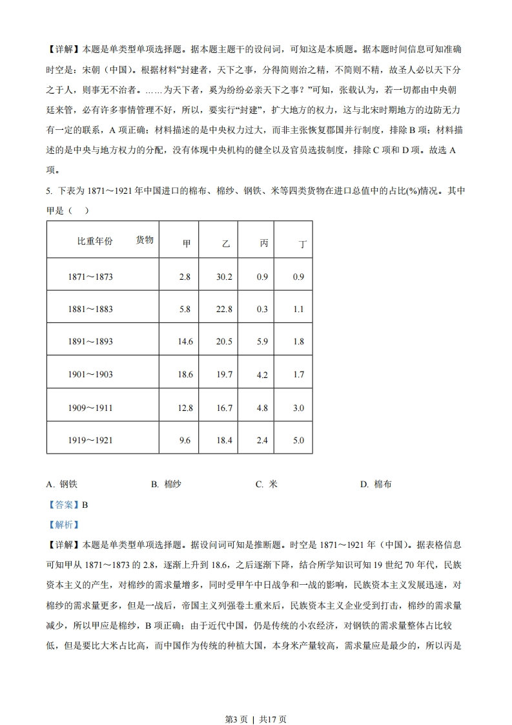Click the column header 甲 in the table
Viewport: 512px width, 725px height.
(186, 244)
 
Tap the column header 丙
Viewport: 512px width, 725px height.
(263, 244)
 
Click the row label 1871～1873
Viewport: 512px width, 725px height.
(90, 277)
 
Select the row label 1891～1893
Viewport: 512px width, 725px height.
(90, 341)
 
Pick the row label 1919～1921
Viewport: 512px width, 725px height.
(90, 440)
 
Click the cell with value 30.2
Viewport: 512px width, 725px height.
(224, 277)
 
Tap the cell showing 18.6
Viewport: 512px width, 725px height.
(185, 374)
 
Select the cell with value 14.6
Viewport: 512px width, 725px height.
(185, 341)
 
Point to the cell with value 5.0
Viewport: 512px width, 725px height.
(298, 440)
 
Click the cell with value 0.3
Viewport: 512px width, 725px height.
(262, 309)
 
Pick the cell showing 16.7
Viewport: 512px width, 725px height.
(224, 408)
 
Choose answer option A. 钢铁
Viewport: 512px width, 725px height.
(63, 484)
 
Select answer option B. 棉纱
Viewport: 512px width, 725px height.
(166, 484)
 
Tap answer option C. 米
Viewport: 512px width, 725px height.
(266, 484)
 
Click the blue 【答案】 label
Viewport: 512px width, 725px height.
(63, 505)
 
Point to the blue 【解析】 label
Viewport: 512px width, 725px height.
(63, 525)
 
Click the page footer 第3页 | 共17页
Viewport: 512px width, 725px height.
(256, 700)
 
